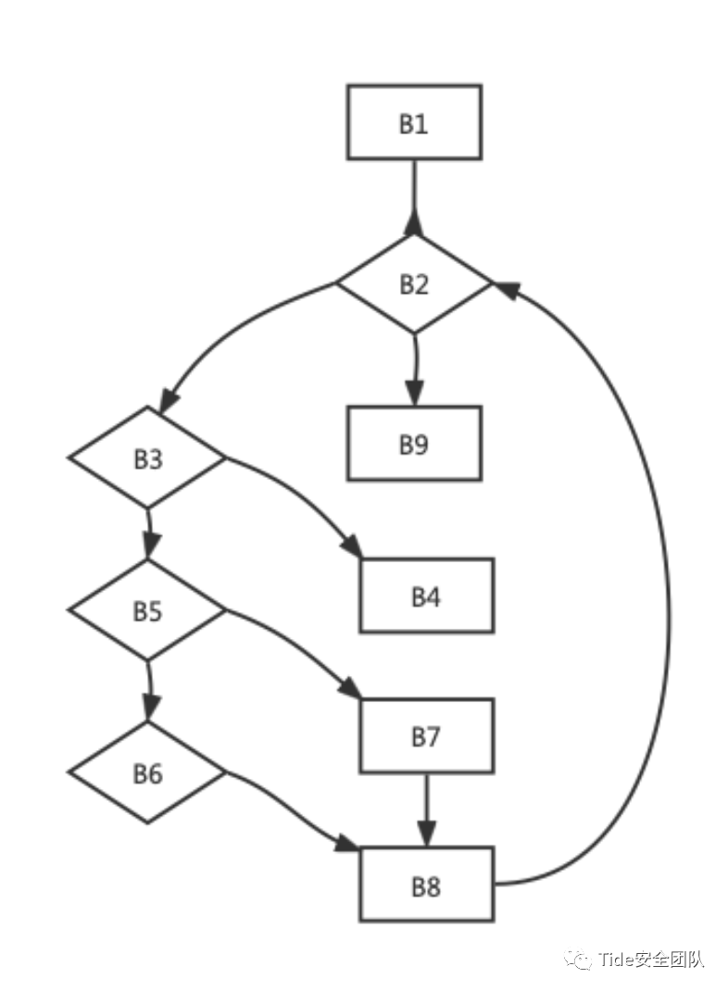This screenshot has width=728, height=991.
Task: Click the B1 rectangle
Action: [414, 122]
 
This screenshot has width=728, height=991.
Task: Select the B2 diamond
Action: [414, 283]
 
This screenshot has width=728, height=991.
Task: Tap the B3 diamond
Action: [147, 458]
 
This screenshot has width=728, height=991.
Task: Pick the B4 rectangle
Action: [426, 596]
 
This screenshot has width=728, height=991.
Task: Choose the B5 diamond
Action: [147, 610]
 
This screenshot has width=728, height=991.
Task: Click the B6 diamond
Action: [147, 772]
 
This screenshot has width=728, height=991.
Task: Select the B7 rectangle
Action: [426, 736]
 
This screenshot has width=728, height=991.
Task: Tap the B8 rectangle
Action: [426, 884]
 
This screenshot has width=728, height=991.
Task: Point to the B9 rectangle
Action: [414, 444]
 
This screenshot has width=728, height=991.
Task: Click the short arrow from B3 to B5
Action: [148, 533]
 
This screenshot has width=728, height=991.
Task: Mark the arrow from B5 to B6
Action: [148, 690]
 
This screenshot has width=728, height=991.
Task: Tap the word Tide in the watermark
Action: [615, 959]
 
